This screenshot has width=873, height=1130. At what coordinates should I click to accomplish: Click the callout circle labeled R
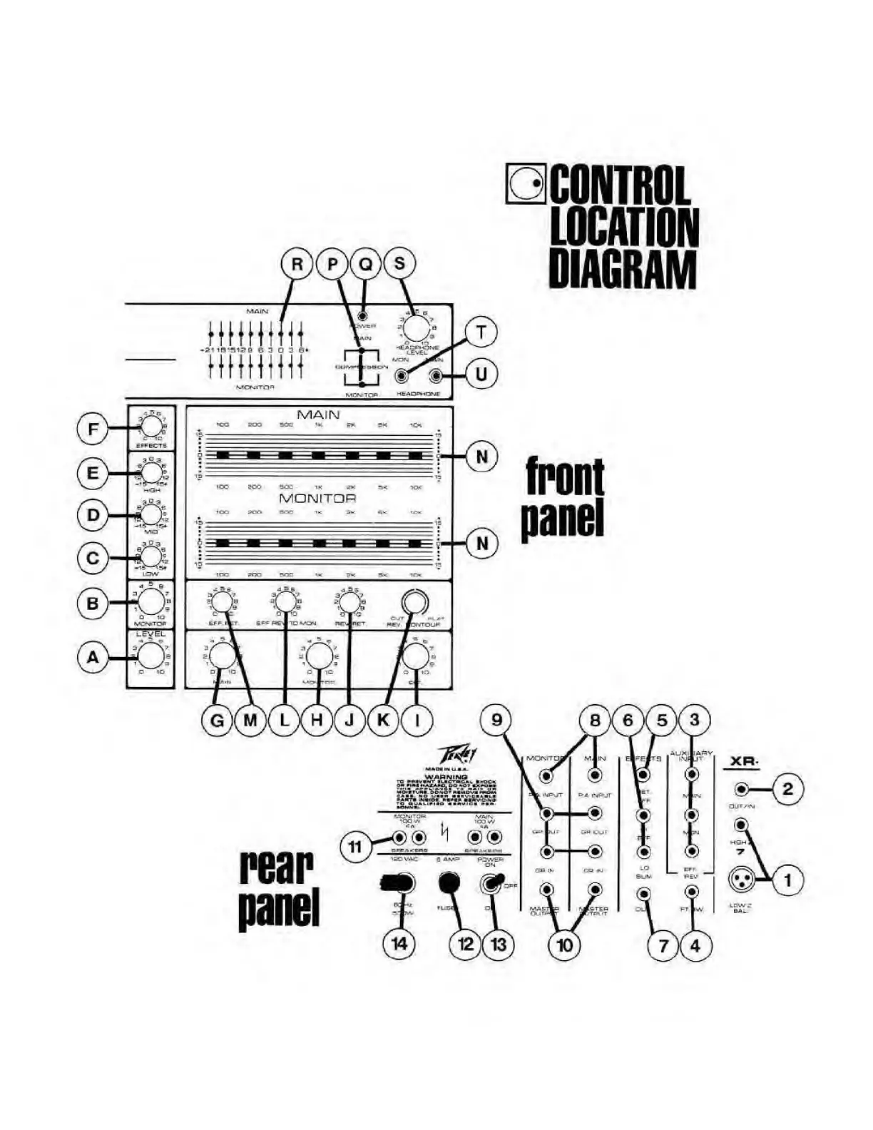(x=297, y=264)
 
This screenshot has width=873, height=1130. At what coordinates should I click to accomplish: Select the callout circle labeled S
(x=399, y=264)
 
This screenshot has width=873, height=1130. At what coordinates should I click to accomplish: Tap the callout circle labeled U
(x=481, y=375)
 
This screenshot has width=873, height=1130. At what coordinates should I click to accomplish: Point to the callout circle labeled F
(x=93, y=430)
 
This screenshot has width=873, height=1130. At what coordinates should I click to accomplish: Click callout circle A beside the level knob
(x=93, y=658)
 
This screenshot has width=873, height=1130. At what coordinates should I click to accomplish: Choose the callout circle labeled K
(x=383, y=721)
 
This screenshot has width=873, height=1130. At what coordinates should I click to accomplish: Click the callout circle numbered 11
(x=354, y=847)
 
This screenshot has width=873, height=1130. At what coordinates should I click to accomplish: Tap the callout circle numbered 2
(x=787, y=789)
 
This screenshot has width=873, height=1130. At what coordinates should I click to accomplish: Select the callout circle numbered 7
(x=663, y=946)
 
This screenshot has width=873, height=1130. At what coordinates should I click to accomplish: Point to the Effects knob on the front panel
(x=151, y=426)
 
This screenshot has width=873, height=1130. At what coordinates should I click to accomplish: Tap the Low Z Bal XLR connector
(x=741, y=880)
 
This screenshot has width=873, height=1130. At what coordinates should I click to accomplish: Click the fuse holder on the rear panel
(x=448, y=883)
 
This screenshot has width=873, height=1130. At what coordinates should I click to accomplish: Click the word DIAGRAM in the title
(x=622, y=269)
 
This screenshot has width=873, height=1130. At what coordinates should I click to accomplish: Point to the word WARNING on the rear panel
(x=446, y=776)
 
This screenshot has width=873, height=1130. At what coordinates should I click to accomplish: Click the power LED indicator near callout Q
(x=364, y=315)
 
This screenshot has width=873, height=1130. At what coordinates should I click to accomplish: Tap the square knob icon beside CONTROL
(x=525, y=183)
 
